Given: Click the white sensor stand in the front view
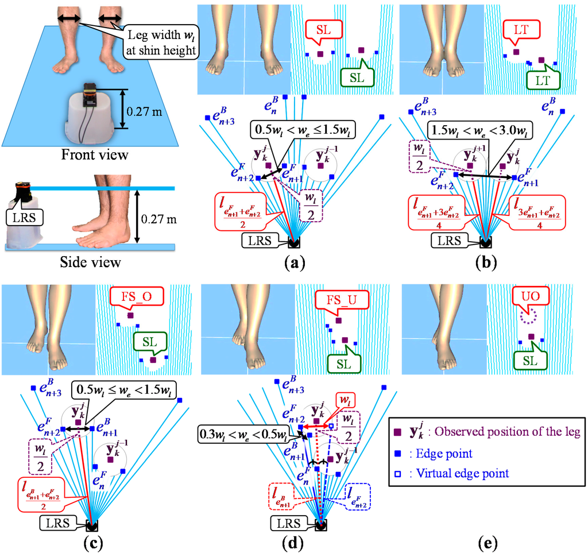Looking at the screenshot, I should [x=90, y=115].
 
